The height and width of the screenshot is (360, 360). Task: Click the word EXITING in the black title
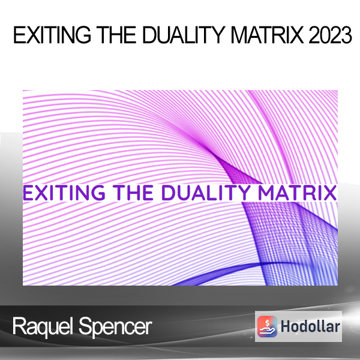[52, 35]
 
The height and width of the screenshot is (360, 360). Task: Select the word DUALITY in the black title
[184, 35]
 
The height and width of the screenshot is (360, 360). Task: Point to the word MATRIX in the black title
[267, 35]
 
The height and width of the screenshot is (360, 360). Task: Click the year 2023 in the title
[330, 35]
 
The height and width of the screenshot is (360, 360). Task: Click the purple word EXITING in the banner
[64, 193]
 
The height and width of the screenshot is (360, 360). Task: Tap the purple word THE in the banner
[134, 193]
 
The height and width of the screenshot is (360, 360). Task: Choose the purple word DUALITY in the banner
[206, 193]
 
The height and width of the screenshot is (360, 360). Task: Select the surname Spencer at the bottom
[115, 327]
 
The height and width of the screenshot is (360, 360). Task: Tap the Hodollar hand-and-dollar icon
[267, 326]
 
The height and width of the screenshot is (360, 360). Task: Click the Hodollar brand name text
[310, 326]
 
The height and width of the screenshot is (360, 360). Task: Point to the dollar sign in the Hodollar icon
[267, 323]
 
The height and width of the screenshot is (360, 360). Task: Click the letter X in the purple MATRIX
[330, 193]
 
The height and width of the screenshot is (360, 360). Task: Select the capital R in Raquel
[19, 326]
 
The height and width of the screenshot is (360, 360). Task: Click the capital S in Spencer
[85, 326]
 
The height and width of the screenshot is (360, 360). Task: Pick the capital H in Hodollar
[286, 326]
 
